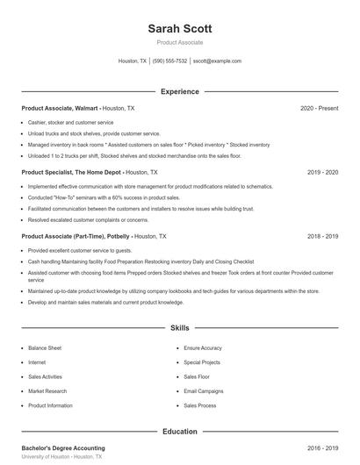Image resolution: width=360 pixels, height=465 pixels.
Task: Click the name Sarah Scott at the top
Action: click(x=180, y=28)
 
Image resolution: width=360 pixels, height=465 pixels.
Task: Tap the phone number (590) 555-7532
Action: click(x=169, y=61)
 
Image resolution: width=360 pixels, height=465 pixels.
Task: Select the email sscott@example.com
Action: click(x=217, y=61)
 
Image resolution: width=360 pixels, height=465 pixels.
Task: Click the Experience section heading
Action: click(x=180, y=91)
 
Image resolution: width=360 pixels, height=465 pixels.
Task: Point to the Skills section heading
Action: click(x=180, y=328)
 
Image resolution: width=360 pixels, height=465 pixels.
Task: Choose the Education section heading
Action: click(x=180, y=431)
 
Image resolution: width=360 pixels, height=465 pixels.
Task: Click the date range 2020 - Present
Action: click(x=319, y=108)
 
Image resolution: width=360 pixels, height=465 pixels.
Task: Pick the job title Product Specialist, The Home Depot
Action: click(x=72, y=173)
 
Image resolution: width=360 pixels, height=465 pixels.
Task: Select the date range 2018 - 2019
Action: click(x=322, y=237)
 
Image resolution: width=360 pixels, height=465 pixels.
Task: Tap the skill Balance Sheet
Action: click(x=44, y=348)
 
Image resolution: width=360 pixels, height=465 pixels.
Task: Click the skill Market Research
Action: click(x=47, y=391)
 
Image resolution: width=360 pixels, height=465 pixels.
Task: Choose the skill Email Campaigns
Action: click(x=205, y=391)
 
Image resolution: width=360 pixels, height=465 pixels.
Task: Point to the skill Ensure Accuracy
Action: click(x=203, y=348)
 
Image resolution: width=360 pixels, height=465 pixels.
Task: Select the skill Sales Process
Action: click(x=200, y=406)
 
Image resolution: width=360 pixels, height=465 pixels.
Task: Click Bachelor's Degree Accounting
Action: click(x=62, y=448)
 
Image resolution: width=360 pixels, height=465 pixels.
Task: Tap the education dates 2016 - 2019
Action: click(x=322, y=448)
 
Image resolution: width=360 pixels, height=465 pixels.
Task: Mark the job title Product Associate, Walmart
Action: click(x=60, y=108)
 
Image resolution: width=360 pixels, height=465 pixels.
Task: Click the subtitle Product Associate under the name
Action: click(x=180, y=42)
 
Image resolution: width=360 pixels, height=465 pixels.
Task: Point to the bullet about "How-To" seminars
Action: click(x=104, y=198)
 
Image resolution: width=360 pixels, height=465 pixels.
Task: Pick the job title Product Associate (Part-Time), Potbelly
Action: click(x=76, y=237)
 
